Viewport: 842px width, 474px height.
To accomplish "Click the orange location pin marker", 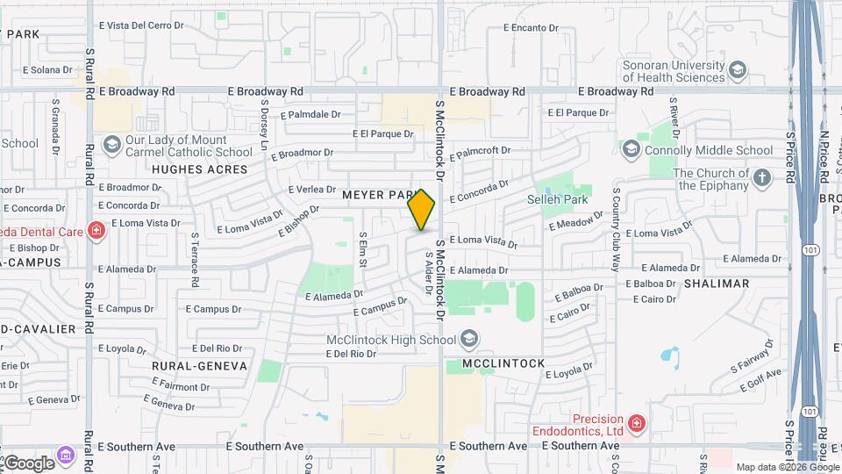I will (x=422, y=210).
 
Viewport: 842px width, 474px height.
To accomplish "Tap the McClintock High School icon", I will (x=470, y=338).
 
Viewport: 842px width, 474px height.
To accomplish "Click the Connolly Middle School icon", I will (x=631, y=150).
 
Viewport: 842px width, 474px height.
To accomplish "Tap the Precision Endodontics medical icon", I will (x=636, y=425).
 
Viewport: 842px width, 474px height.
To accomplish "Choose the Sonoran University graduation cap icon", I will (x=739, y=70).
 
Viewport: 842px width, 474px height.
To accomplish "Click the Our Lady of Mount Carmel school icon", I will (x=111, y=144).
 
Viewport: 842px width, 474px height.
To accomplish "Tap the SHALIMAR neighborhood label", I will (x=717, y=284).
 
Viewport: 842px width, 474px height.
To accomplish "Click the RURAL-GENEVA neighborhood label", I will (x=199, y=366).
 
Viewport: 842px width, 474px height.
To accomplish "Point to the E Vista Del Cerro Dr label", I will (x=141, y=26).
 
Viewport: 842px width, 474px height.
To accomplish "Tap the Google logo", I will (x=28, y=463).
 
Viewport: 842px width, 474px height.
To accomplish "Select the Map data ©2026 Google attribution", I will (x=787, y=467).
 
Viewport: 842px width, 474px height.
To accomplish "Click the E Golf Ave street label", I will (x=760, y=376).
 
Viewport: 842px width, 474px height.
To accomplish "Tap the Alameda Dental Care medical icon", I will (x=96, y=232).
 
